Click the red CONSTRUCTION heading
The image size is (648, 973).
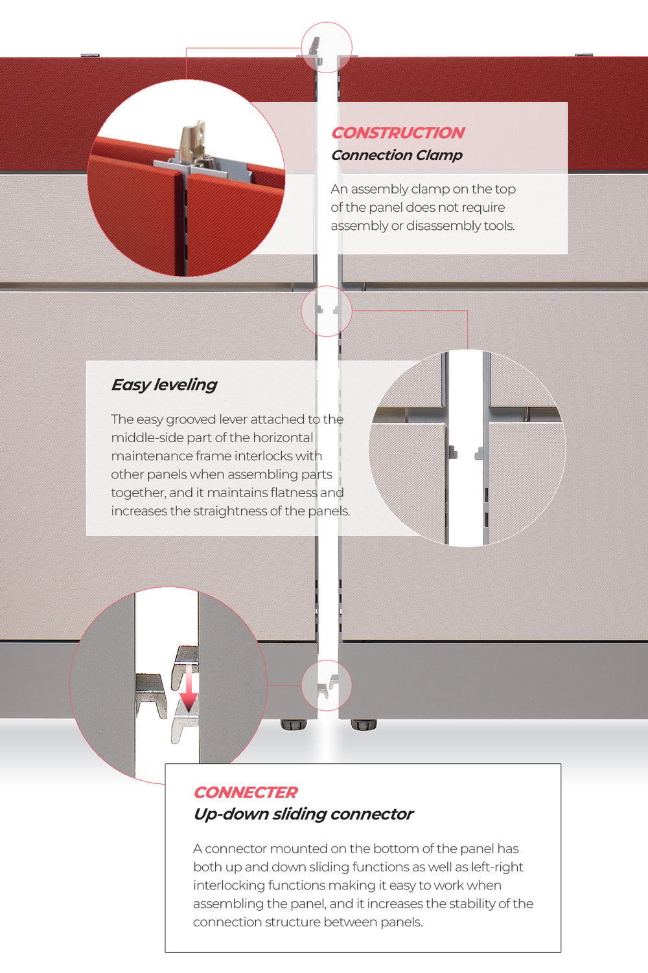(398, 133)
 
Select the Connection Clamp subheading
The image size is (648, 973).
(397, 155)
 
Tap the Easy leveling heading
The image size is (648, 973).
(164, 385)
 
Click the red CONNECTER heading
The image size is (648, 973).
(246, 792)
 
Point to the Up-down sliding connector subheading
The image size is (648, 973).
(303, 814)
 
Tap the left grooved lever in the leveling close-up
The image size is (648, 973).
(453, 452)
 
